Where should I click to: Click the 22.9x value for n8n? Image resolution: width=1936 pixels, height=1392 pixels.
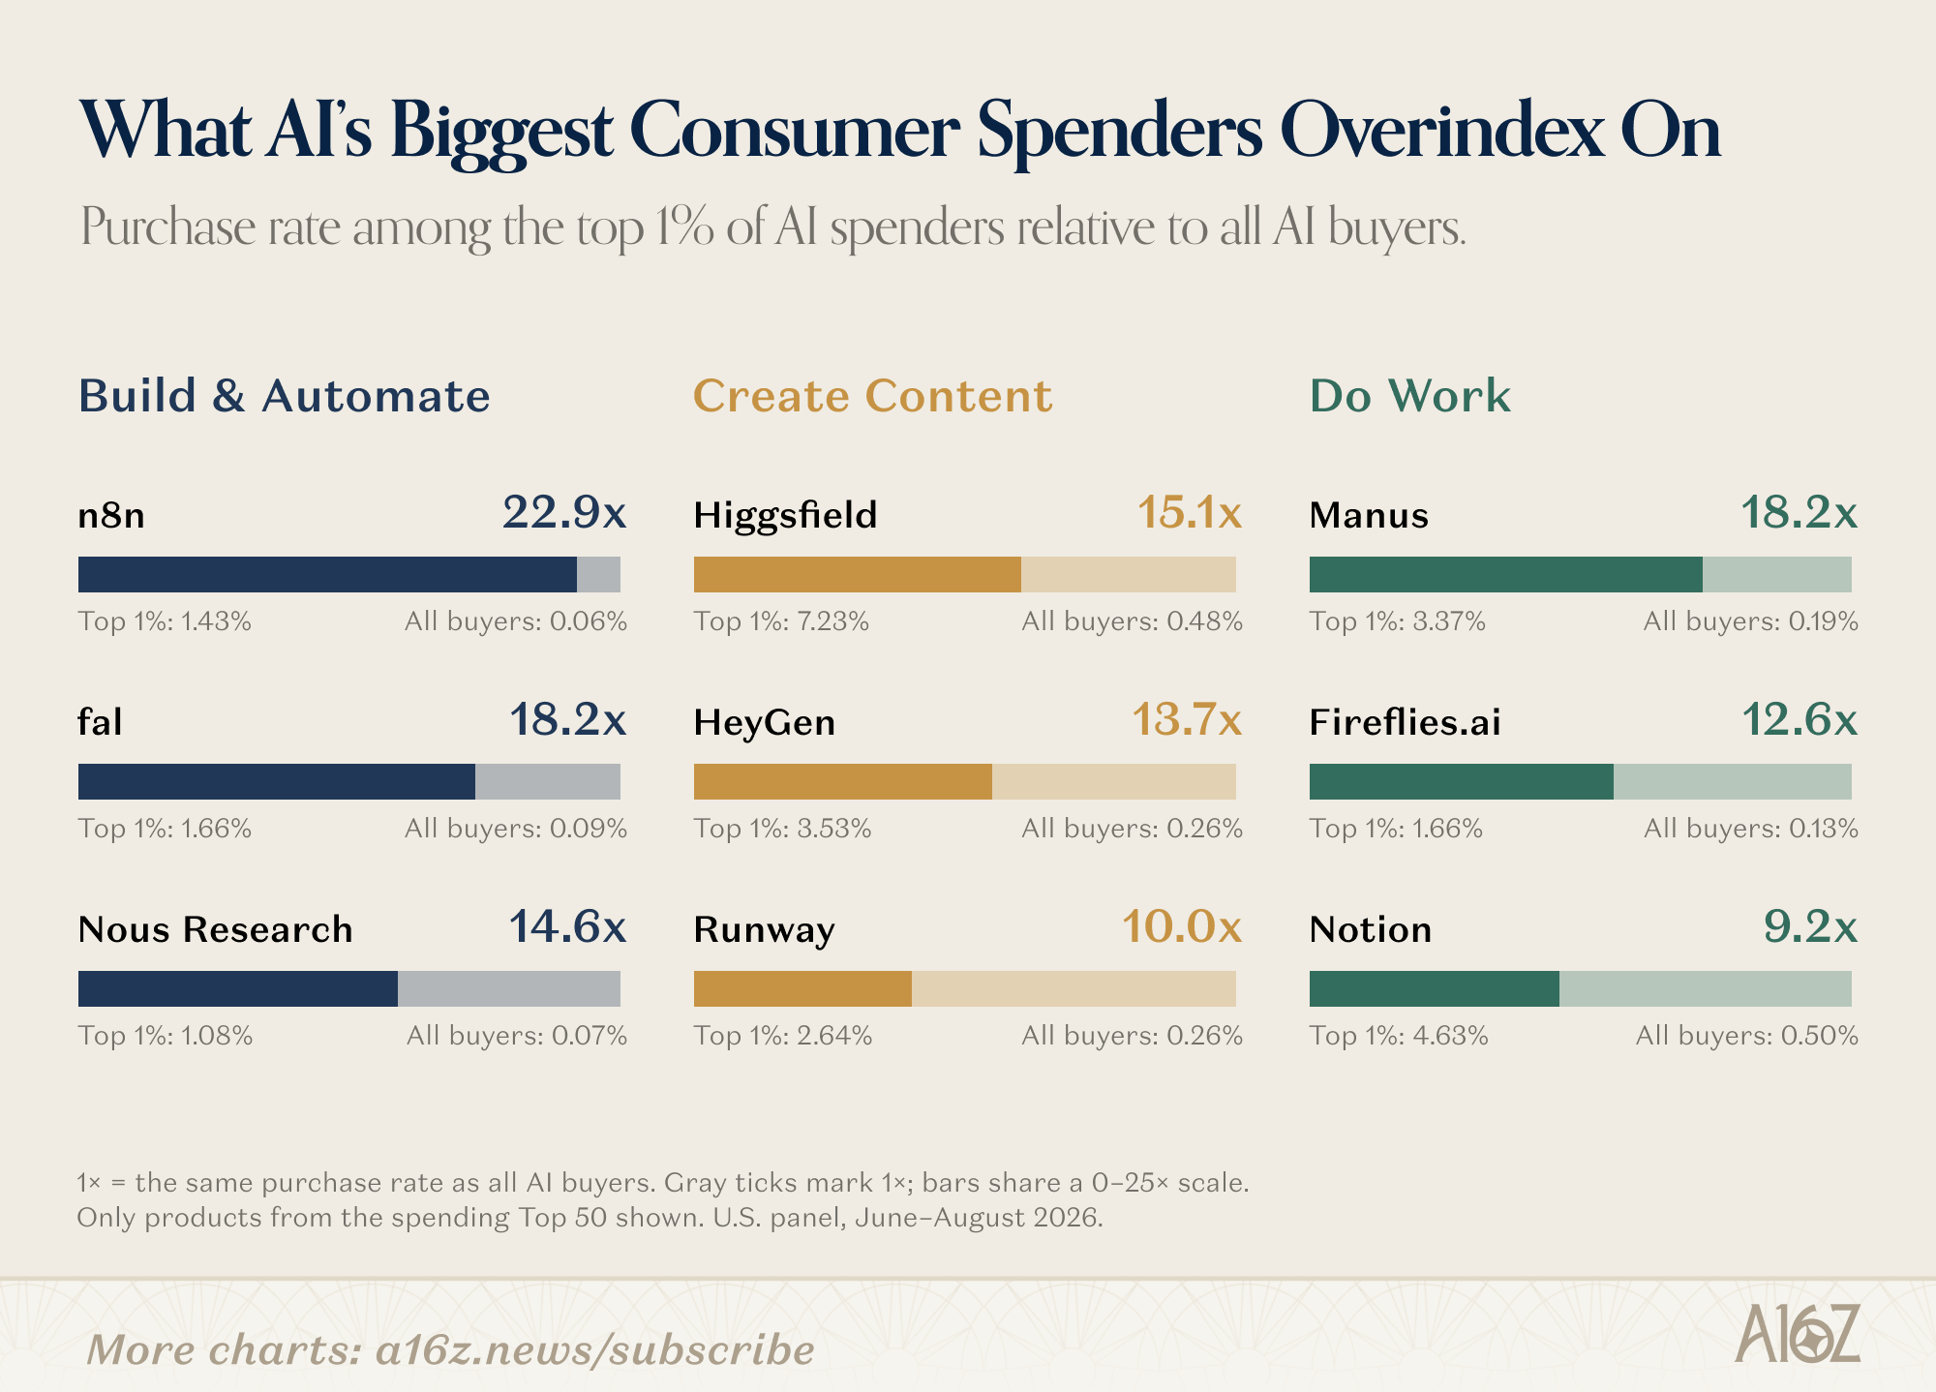pos(564,512)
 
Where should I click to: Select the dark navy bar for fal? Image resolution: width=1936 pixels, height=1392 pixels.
pos(277,781)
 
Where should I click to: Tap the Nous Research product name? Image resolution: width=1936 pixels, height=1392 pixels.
pos(215,929)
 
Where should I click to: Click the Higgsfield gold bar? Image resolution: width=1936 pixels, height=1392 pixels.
pos(858,574)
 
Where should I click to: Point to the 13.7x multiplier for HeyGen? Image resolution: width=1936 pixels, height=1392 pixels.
pos(1187,720)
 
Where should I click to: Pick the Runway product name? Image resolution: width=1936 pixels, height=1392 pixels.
pos(765,930)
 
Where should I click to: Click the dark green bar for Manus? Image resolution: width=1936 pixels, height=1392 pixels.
pos(1506,574)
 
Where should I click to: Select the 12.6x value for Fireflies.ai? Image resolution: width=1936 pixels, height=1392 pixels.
pos(1800,720)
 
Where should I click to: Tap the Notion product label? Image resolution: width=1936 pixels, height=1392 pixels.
pos(1371,929)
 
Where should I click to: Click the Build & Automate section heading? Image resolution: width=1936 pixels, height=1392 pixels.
pos(285,396)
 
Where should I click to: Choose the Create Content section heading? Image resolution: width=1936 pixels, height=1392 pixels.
pos(873,396)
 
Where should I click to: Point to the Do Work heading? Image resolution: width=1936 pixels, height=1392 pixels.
pos(1410,396)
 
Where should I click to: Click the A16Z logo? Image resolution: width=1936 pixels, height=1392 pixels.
pos(1798,1334)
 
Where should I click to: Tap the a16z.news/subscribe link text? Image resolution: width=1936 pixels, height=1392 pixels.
pos(595,1349)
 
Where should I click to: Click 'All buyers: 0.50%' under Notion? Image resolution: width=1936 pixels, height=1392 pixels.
pos(1747,1036)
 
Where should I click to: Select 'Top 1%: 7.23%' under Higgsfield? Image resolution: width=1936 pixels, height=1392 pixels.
pos(781,621)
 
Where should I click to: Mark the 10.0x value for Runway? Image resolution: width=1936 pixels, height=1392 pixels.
pos(1182,927)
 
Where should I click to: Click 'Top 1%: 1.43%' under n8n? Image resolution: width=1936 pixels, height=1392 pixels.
pos(165,621)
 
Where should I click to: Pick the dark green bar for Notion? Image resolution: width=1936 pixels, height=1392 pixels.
pos(1435,988)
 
